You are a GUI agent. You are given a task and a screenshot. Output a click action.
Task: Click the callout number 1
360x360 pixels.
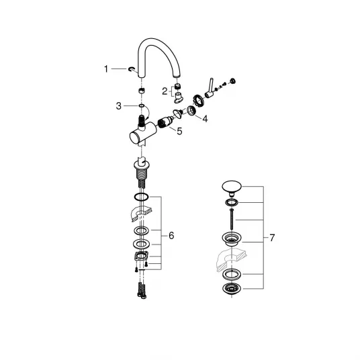tap(106, 69)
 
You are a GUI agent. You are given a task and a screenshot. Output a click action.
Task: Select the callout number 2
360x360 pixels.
tap(165, 91)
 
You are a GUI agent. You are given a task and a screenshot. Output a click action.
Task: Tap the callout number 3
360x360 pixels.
tap(118, 106)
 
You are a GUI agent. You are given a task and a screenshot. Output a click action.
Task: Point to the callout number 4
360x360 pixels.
tap(205, 119)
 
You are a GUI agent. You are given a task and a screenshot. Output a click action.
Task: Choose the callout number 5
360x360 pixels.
tap(179, 131)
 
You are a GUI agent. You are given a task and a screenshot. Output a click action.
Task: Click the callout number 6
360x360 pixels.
tap(171, 236)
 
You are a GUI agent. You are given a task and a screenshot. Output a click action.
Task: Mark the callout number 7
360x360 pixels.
tap(272, 238)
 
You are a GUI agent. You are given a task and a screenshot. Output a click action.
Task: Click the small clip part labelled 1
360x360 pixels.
tap(131, 69)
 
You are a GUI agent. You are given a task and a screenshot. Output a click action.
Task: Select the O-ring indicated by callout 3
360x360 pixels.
tap(142, 105)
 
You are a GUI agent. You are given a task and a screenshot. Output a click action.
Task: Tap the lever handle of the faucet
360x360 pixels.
tap(210, 89)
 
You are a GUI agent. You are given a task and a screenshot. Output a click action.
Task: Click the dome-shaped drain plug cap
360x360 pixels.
tap(232, 187)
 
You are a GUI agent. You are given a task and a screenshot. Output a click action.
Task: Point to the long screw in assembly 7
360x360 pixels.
tap(232, 220)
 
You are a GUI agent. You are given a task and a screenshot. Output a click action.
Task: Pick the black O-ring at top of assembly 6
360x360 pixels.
tap(142, 197)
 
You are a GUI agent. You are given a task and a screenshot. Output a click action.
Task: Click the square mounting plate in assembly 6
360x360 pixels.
tap(141, 256)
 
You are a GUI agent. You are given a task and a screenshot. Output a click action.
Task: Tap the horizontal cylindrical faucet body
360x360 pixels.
tap(143, 134)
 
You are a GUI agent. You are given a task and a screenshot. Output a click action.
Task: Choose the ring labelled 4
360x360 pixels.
tap(191, 110)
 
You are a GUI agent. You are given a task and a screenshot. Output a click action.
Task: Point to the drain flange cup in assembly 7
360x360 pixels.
tap(232, 239)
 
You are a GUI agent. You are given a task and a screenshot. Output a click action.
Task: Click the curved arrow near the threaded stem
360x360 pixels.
tap(147, 113)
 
